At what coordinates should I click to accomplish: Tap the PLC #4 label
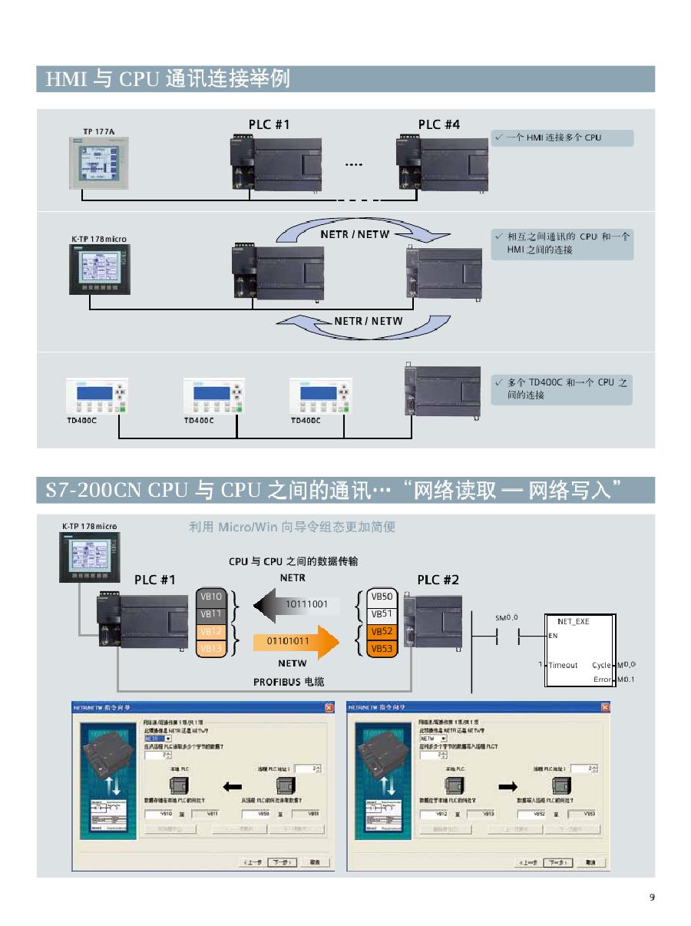click(x=439, y=124)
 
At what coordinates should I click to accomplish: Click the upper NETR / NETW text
click(x=355, y=233)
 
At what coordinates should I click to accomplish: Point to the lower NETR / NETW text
click(x=369, y=321)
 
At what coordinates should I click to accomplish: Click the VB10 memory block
click(x=211, y=597)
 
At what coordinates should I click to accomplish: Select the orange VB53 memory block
click(x=382, y=649)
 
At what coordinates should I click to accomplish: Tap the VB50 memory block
click(x=382, y=597)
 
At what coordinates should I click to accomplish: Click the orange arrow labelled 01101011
click(x=296, y=640)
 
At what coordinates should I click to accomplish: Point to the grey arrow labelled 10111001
click(x=296, y=604)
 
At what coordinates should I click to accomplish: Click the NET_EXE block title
click(x=573, y=621)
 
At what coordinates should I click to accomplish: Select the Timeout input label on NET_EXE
click(x=563, y=665)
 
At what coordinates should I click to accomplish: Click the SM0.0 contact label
click(x=506, y=617)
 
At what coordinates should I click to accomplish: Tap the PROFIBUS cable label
click(x=289, y=682)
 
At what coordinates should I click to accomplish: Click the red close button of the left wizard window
click(x=329, y=706)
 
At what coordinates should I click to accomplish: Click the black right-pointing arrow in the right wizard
click(x=508, y=786)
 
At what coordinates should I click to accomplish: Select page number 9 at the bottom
click(x=652, y=897)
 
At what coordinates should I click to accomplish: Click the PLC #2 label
click(x=438, y=580)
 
